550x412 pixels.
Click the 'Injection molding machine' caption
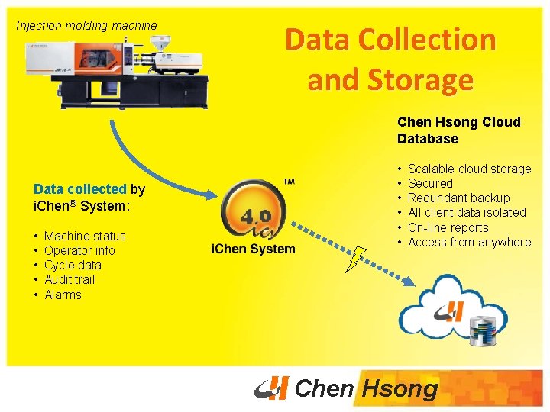click(86, 25)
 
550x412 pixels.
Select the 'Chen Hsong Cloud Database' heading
click(458, 130)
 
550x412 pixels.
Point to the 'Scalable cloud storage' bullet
click(469, 169)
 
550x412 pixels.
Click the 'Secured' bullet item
click(430, 183)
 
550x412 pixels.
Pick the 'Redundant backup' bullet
click(458, 198)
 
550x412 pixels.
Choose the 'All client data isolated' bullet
click(467, 212)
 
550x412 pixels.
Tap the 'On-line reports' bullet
click(448, 227)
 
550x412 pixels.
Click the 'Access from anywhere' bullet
click(469, 242)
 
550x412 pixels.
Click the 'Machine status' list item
click(85, 236)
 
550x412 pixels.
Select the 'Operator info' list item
click(79, 250)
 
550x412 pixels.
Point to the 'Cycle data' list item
click(73, 265)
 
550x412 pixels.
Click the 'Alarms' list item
click(63, 295)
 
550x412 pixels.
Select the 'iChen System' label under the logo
click(253, 249)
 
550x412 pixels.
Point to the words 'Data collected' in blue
click(79, 189)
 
